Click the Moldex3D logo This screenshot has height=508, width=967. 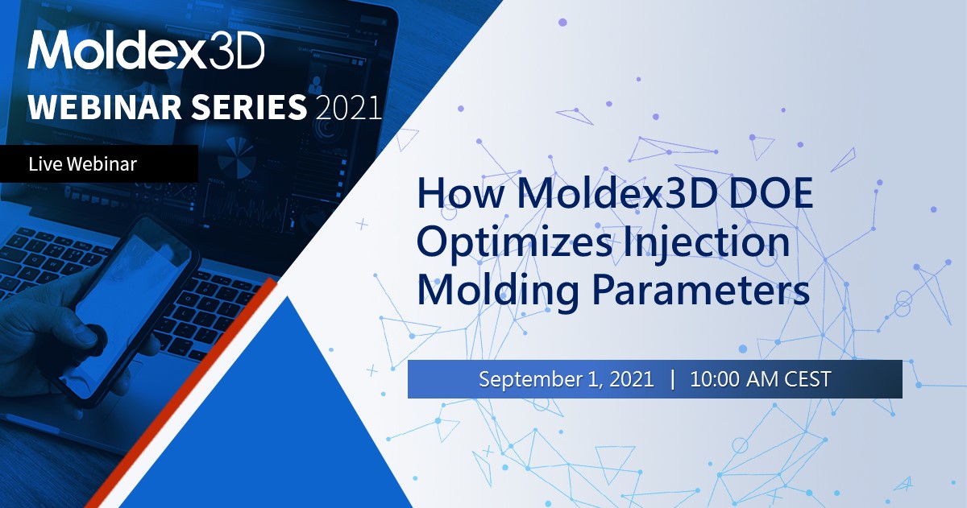click(x=146, y=52)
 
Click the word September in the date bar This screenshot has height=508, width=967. click(x=525, y=379)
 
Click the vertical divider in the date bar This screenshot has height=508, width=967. click(x=672, y=379)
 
